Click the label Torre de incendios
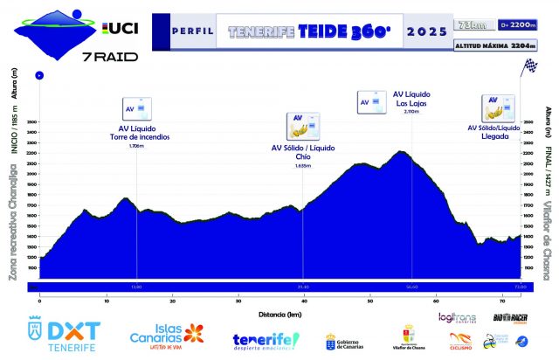139,137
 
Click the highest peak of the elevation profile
401,152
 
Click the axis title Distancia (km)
280,311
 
